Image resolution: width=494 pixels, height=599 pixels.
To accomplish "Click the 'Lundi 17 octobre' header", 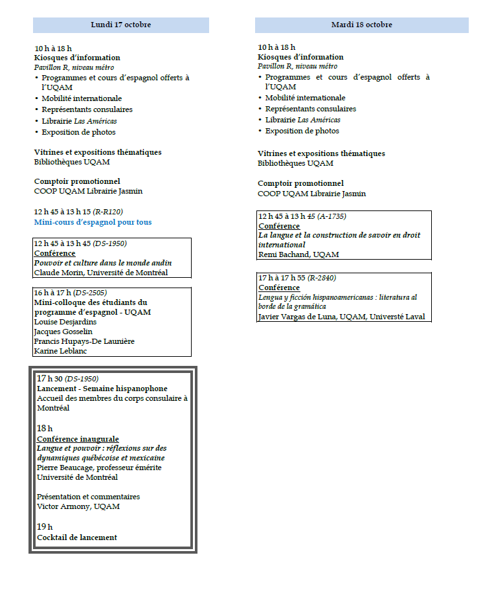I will click(121, 25).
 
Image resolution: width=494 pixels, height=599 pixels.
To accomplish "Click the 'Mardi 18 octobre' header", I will click(361, 25).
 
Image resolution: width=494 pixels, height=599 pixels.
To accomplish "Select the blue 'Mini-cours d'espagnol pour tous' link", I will click(93, 222).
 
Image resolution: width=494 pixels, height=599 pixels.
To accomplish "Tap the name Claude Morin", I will click(55, 273).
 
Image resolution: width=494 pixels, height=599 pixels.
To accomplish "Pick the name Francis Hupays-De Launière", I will click(84, 341).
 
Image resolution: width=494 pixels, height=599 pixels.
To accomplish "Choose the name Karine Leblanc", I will click(57, 351).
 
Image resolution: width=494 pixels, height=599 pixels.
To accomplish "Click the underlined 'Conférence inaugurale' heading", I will click(78, 439).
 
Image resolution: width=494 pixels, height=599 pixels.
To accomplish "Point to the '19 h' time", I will click(45, 526).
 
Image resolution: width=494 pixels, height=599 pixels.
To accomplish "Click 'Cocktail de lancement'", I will click(77, 537).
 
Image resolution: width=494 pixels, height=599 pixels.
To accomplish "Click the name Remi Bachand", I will click(284, 254).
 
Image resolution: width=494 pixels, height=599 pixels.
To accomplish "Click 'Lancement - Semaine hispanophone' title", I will click(102, 389).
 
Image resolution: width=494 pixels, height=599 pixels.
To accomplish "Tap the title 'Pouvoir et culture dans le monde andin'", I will click(102, 263).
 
